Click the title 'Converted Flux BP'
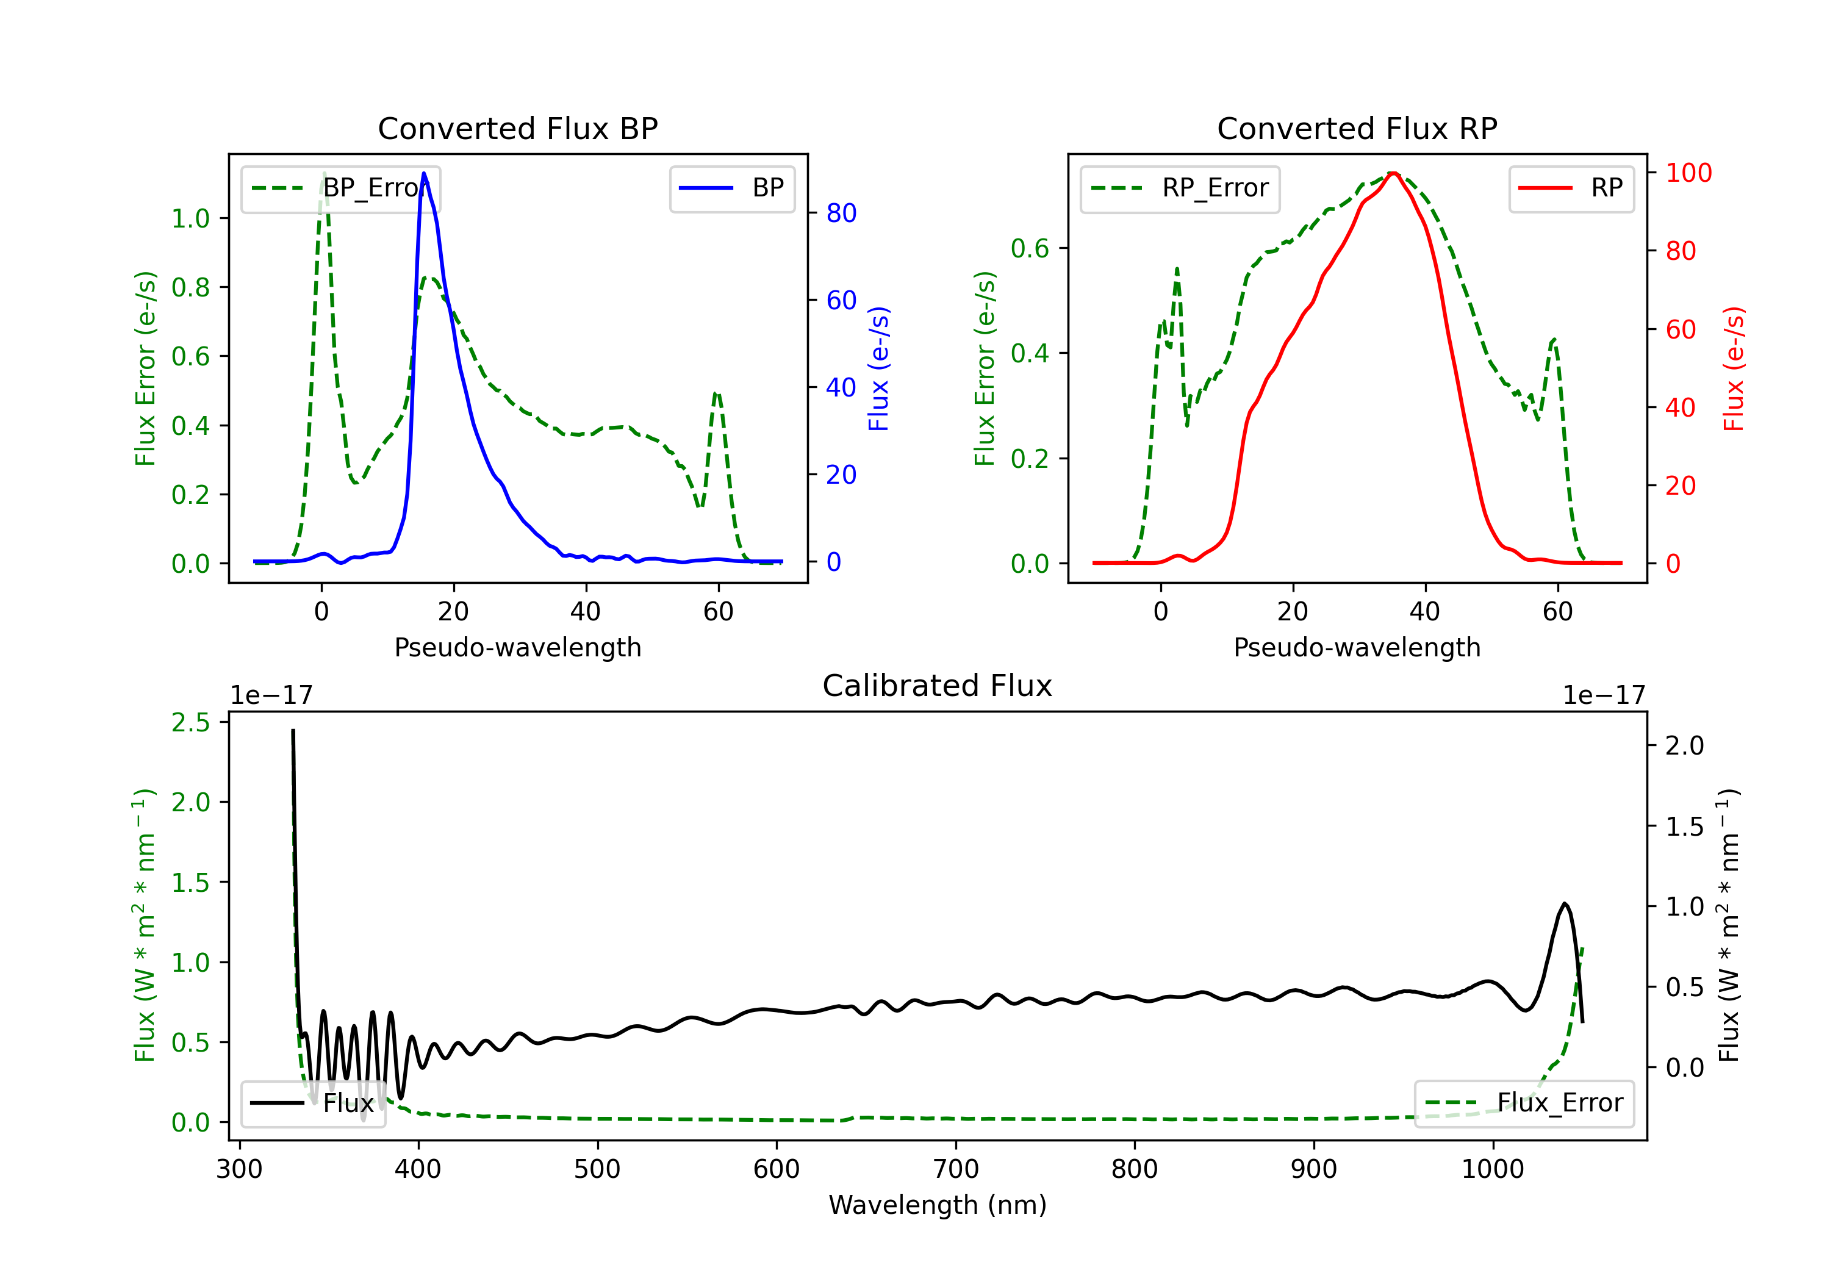point(517,128)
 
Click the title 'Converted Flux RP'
point(1357,128)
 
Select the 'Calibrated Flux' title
point(938,686)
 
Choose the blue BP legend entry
point(731,188)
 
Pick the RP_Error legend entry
point(1180,188)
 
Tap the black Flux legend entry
point(312,1103)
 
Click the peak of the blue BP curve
point(424,173)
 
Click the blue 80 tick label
point(841,213)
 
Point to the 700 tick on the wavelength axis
point(956,1169)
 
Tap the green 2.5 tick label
point(190,722)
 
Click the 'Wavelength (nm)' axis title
point(938,1205)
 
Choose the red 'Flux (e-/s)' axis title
point(1734,369)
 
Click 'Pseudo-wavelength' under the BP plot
point(518,647)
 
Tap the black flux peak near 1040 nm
point(1565,903)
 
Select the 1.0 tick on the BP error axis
point(190,218)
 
